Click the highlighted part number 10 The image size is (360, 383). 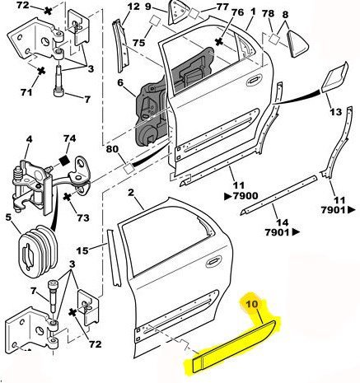(251, 304)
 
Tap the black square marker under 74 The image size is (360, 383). (65, 161)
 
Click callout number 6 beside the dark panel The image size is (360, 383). (119, 82)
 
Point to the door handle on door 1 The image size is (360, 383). (254, 80)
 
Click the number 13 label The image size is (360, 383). (335, 112)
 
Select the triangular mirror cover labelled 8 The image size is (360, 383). (297, 44)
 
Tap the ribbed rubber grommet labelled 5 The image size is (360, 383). (38, 250)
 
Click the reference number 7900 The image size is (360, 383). (245, 196)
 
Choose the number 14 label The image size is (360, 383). (283, 222)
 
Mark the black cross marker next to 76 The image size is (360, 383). (218, 42)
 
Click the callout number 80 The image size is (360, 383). (112, 150)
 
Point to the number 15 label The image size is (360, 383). (82, 250)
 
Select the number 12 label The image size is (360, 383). (133, 6)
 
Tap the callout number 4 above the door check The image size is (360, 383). (29, 139)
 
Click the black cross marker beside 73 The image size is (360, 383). (67, 197)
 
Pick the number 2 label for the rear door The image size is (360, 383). (131, 193)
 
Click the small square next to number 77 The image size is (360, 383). (194, 13)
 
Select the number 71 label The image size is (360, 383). (26, 92)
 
